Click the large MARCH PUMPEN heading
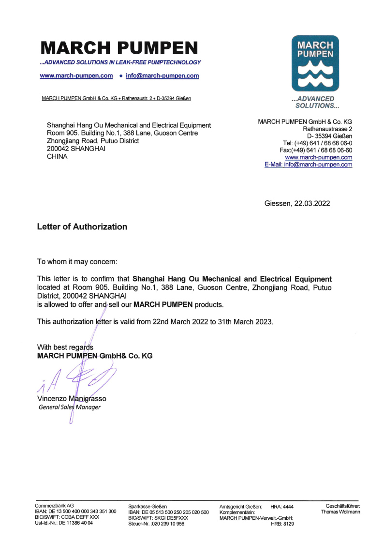pyautogui.click(x=119, y=48)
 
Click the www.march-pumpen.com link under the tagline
pyautogui.click(x=76, y=75)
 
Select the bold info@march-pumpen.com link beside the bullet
pyautogui.click(x=162, y=75)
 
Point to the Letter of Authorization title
pyautogui.click(x=82, y=226)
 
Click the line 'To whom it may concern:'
pyautogui.click(x=77, y=262)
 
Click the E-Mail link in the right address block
pyautogui.click(x=308, y=165)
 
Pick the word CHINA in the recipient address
pyautogui.click(x=57, y=156)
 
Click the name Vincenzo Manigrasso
pyautogui.click(x=72, y=399)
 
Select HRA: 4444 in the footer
pyautogui.click(x=282, y=506)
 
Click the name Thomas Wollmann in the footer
pyautogui.click(x=340, y=512)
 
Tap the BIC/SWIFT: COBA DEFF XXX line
pyautogui.click(x=67, y=517)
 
